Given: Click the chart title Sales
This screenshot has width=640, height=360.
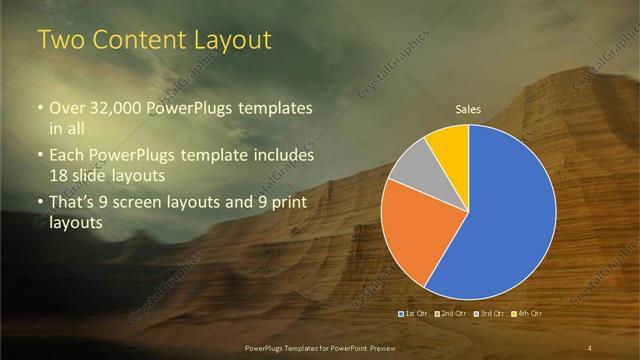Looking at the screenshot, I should (x=469, y=109).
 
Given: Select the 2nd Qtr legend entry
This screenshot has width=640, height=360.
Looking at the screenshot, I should (x=452, y=314).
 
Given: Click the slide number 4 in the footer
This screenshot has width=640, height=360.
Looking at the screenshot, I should (x=590, y=347).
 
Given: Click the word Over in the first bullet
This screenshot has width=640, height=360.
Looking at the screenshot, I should (x=66, y=108).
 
